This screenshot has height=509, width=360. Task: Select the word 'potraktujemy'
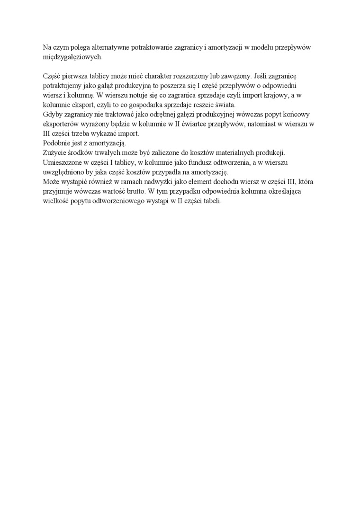[60, 85]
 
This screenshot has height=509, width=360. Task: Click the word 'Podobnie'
[56, 143]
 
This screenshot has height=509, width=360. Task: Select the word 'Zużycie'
[54, 152]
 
